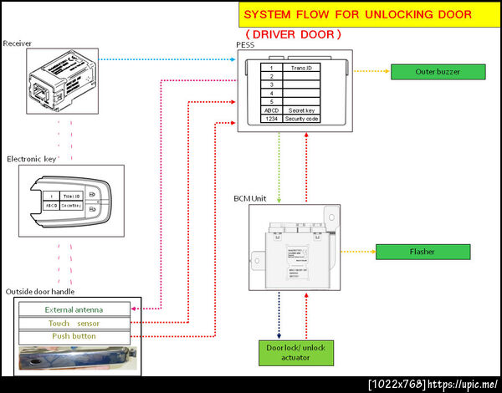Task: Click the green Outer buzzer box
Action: tap(438, 71)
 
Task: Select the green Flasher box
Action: tap(422, 251)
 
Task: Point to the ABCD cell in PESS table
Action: tap(271, 110)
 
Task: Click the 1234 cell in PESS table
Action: tap(271, 120)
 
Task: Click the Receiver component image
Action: tap(64, 79)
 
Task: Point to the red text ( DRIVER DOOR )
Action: tap(294, 34)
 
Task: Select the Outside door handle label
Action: tap(40, 291)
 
